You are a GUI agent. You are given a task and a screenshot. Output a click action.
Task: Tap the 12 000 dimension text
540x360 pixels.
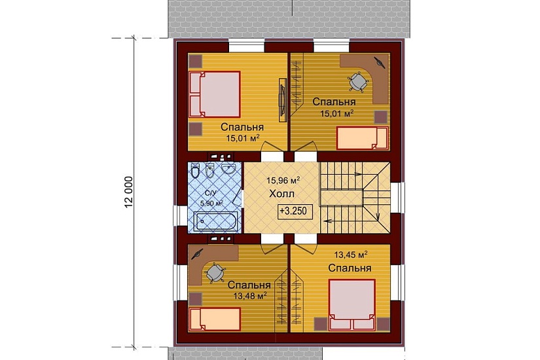click(129, 193)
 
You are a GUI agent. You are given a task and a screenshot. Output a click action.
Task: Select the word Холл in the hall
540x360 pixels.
click(281, 194)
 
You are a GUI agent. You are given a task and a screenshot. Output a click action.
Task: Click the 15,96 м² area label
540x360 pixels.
click(283, 180)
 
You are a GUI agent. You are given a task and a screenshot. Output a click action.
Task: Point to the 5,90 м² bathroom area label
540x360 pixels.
click(211, 203)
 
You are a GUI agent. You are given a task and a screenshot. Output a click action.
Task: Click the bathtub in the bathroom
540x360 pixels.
click(215, 222)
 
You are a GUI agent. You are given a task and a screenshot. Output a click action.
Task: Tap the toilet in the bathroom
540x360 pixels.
click(195, 171)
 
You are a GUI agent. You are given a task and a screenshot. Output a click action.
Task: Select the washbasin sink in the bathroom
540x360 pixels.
click(228, 168)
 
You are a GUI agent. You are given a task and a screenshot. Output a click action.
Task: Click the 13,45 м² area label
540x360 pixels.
click(351, 255)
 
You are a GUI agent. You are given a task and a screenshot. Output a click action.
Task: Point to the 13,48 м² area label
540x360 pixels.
click(250, 296)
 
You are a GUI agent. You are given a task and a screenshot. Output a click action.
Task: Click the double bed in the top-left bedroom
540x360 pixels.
click(214, 94)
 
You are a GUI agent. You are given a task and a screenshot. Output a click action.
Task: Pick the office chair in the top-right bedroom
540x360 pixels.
click(358, 82)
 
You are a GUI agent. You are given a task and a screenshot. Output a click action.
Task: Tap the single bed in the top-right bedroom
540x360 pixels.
click(363, 138)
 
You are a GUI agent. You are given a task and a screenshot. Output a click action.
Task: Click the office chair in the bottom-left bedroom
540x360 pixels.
click(215, 273)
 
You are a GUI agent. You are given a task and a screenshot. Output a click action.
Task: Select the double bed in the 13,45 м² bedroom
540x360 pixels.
click(351, 304)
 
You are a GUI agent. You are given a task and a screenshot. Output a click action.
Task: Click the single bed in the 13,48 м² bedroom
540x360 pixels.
click(215, 319)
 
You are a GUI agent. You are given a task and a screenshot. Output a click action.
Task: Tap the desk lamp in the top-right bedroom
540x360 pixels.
click(380, 62)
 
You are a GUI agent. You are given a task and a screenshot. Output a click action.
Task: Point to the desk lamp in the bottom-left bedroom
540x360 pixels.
click(197, 255)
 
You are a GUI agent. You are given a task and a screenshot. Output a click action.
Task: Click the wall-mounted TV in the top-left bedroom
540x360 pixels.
click(282, 100)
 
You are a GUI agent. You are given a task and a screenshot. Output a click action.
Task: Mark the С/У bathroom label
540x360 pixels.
click(210, 193)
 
